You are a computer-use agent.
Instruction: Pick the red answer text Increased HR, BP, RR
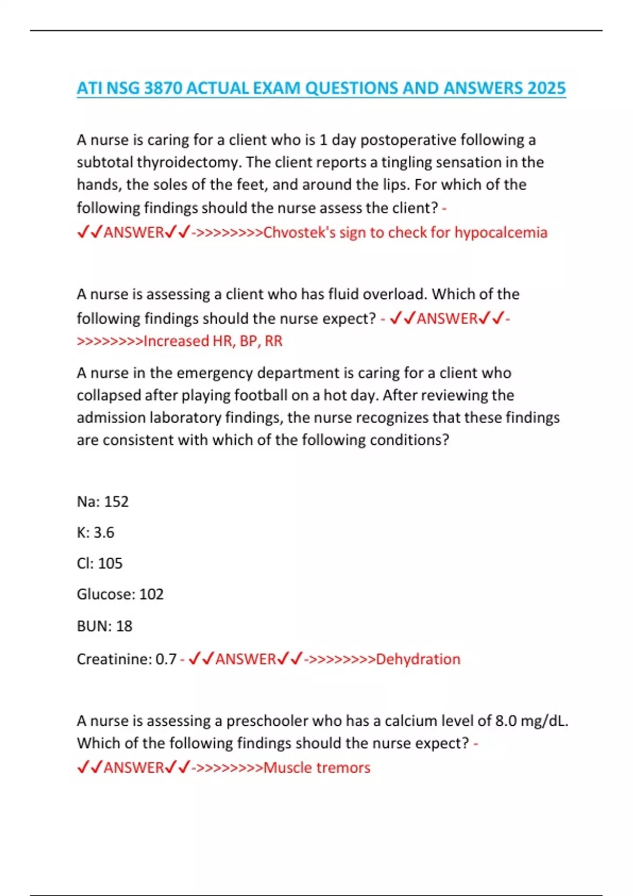213,341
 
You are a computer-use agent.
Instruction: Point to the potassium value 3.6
104,532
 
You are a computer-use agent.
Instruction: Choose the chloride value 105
110,563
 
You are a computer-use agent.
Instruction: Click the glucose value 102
151,595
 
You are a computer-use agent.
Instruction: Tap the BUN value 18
124,626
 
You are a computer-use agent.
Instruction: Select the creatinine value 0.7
166,659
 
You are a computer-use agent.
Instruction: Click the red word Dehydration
418,659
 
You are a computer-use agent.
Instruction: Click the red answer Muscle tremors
316,767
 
